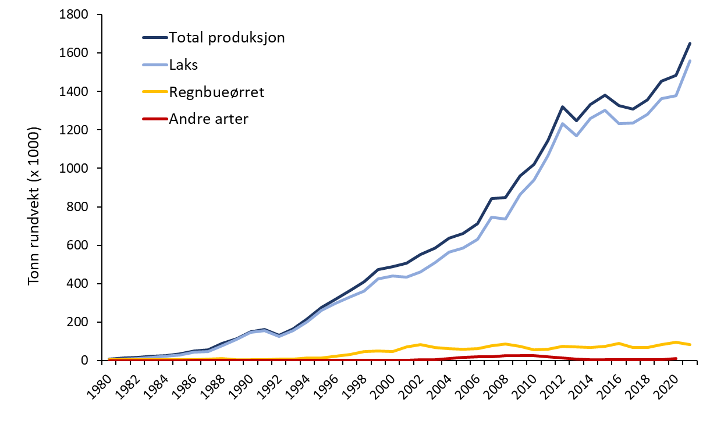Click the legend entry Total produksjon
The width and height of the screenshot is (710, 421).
pos(227,38)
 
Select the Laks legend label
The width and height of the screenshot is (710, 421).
pos(184,65)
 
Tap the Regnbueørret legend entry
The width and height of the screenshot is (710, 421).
pos(216,92)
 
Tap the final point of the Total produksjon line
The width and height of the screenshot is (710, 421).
pos(690,43)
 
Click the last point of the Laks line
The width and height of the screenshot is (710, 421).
pos(690,61)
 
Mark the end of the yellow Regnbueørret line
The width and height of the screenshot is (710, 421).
pos(690,345)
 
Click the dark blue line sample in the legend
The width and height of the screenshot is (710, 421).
pos(154,38)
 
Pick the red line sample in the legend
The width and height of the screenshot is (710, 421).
pos(154,119)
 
